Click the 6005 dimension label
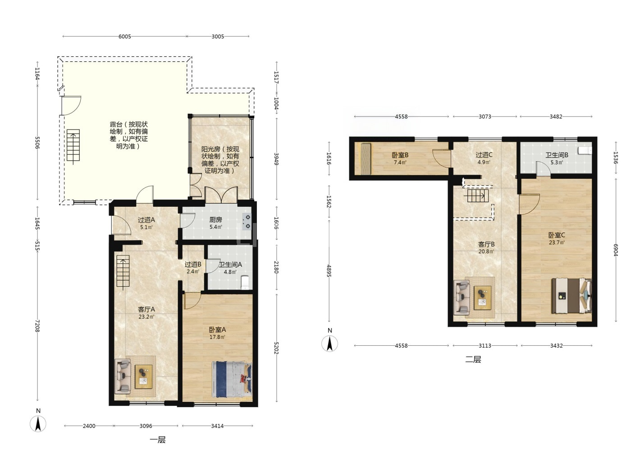point(125,37)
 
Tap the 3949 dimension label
point(276,158)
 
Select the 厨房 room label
point(215,220)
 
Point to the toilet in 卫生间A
point(245,282)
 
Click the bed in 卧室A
point(232,379)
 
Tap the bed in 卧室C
point(572,296)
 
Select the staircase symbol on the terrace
point(73,146)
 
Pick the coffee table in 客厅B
point(482,298)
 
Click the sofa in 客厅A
point(123,376)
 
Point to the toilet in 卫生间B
point(585,150)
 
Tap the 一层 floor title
point(158,440)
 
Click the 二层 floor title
point(473,359)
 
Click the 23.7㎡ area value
point(557,242)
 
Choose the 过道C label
point(484,155)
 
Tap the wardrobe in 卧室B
point(366,159)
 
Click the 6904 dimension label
point(615,250)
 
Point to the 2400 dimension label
point(89,426)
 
